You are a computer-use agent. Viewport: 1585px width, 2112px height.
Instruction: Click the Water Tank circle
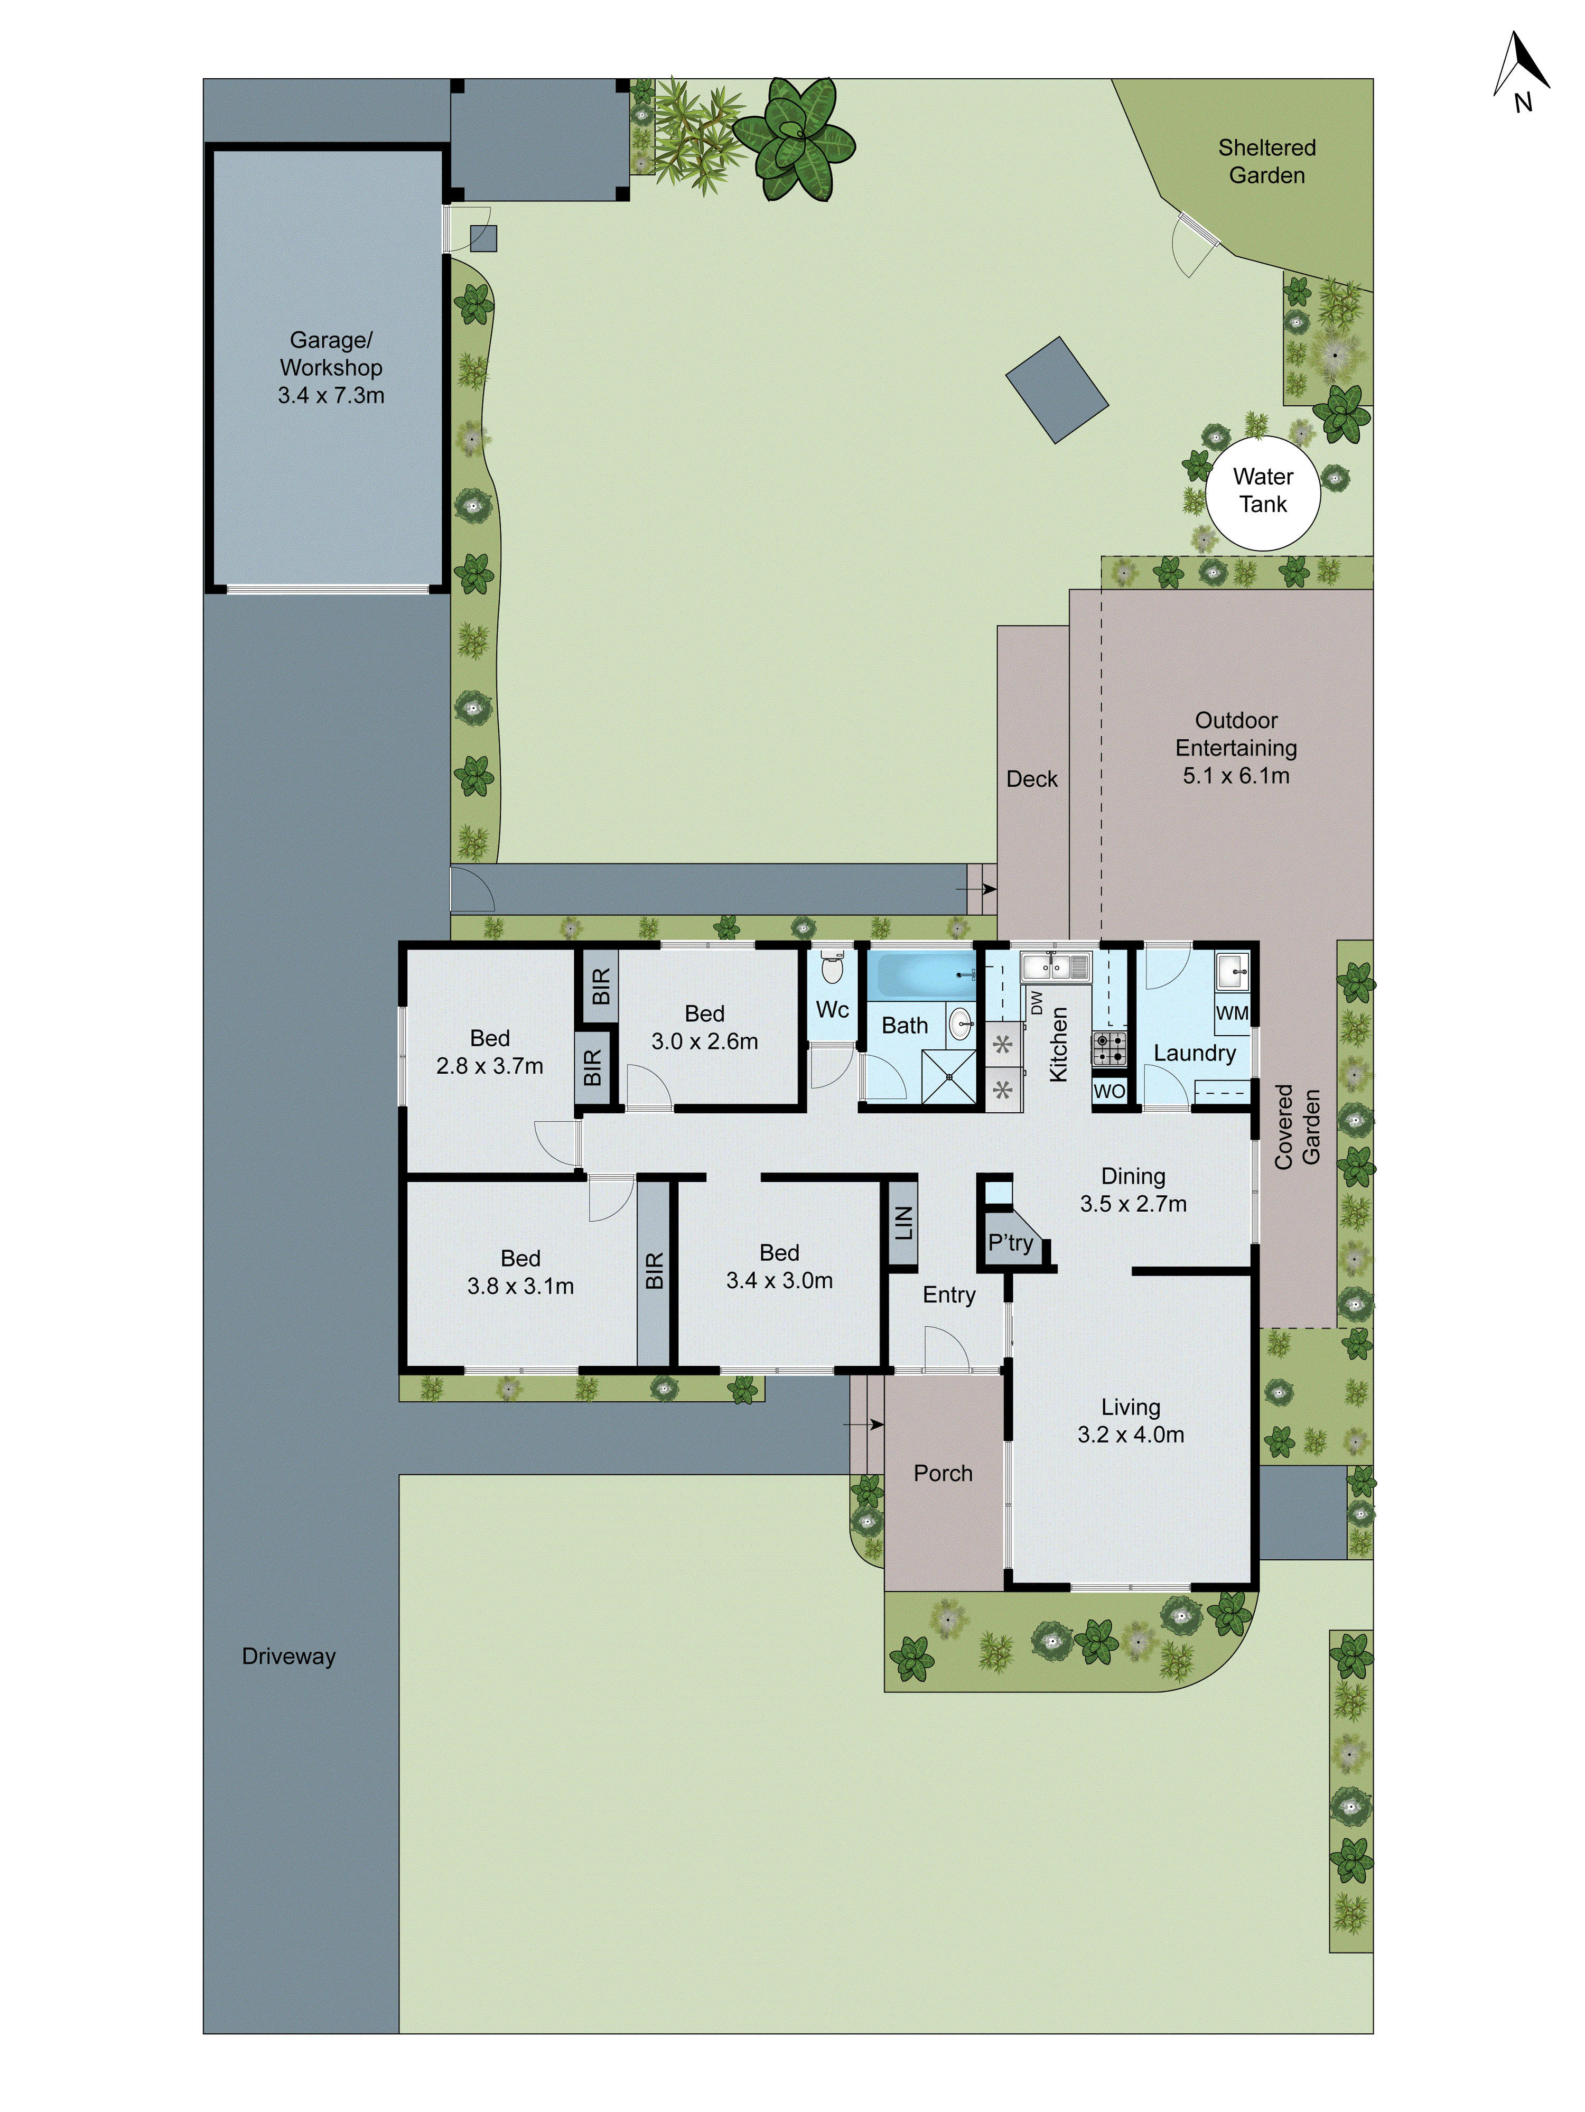1262,492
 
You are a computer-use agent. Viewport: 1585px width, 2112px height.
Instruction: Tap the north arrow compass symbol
1520,72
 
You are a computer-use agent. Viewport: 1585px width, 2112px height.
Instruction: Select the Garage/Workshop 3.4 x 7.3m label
330,368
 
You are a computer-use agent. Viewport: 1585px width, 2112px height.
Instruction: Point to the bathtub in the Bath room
921,975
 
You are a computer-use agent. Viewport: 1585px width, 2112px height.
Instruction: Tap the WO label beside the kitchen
1108,1091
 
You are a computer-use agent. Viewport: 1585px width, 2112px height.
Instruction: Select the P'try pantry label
1010,1242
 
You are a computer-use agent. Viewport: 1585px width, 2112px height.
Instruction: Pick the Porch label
943,1473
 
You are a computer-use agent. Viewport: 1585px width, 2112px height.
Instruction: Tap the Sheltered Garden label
1266,161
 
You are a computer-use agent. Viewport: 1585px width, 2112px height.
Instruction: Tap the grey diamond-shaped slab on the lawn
1056,389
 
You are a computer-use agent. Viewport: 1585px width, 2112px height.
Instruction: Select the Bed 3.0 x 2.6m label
705,1027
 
